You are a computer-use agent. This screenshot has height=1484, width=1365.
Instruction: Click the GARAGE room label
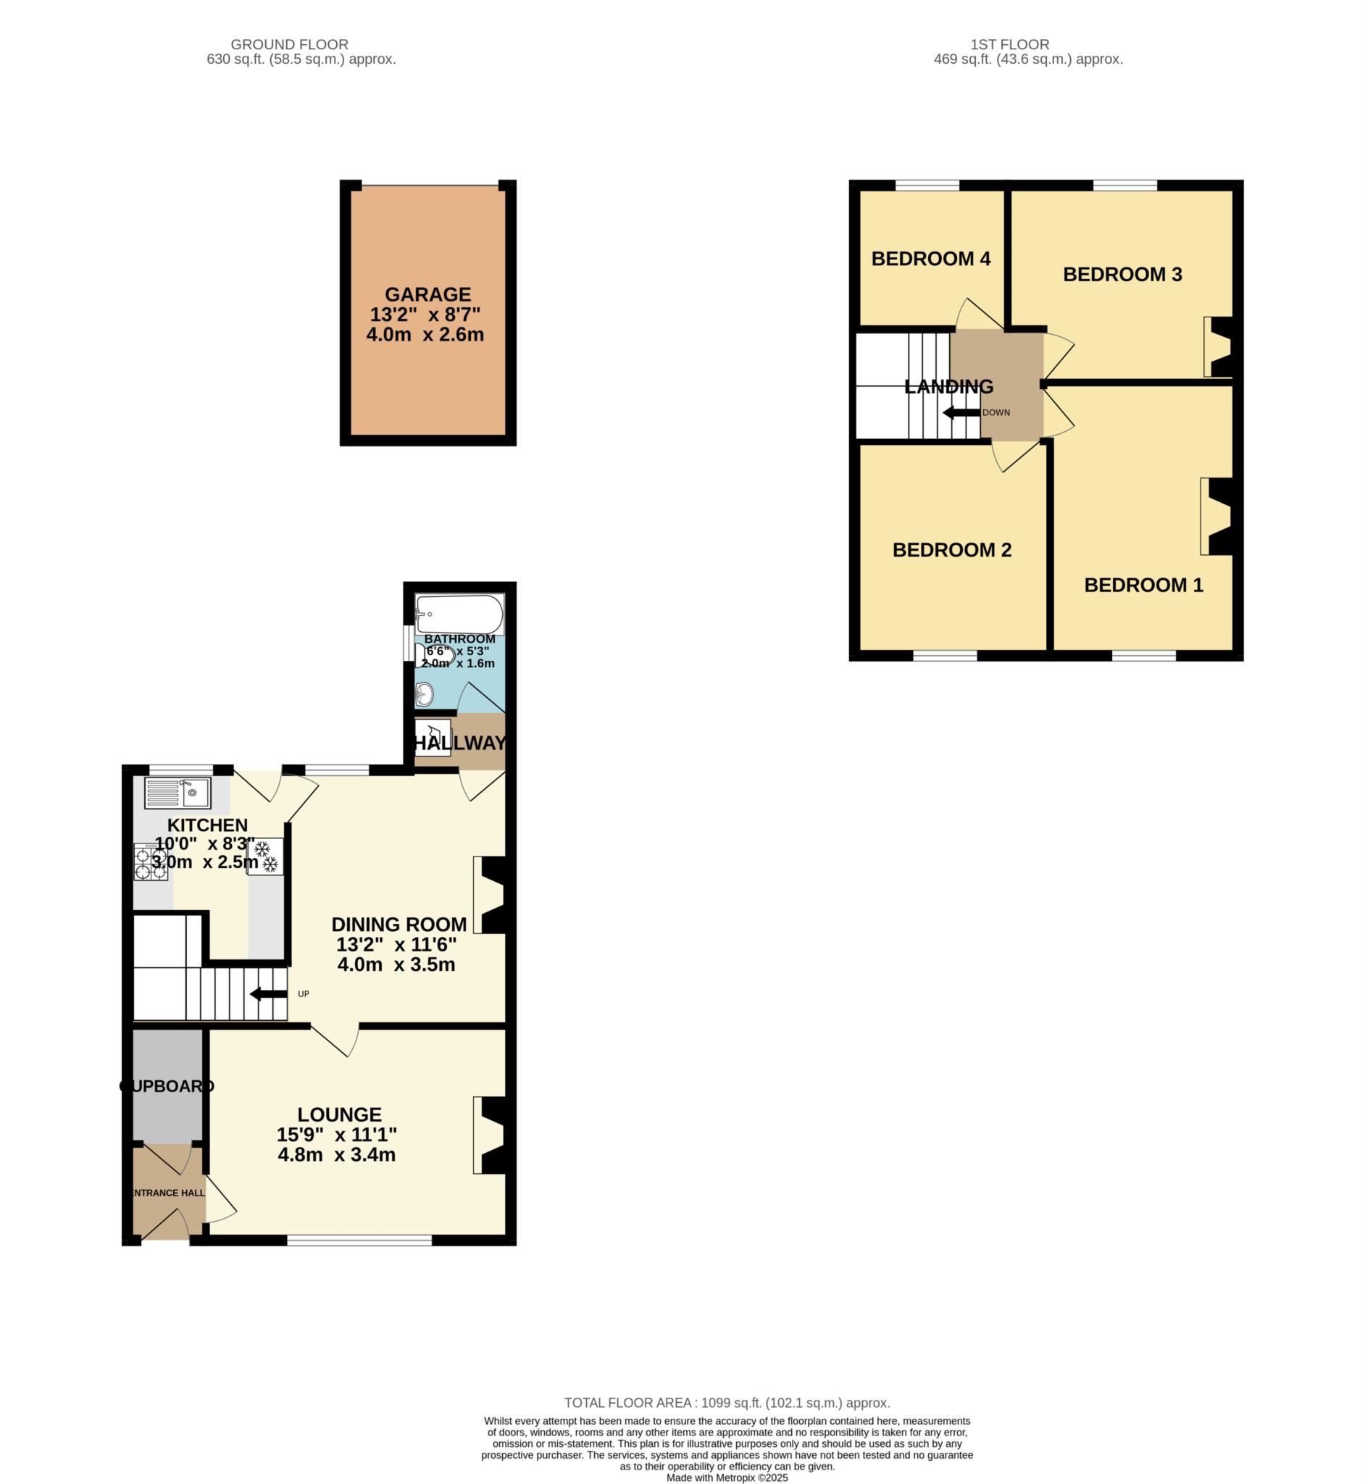427,295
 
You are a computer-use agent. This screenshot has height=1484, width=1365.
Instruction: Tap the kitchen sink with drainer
178,793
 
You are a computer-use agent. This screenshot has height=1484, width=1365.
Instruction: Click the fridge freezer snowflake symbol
265,856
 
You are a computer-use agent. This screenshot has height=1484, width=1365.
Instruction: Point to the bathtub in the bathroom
459,614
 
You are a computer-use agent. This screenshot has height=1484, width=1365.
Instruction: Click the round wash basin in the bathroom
424,693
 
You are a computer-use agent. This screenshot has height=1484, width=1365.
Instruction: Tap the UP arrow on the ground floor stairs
269,994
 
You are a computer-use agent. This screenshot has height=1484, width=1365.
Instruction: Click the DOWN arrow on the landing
961,413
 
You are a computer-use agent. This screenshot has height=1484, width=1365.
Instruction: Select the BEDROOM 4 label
931,259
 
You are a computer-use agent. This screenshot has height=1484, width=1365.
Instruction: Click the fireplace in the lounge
490,1135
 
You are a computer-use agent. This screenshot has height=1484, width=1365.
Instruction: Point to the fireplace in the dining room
490,895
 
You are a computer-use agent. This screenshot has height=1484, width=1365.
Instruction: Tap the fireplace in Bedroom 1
1217,517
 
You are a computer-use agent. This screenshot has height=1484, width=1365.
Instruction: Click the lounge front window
359,1241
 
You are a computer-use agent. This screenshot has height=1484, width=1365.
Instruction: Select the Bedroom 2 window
945,655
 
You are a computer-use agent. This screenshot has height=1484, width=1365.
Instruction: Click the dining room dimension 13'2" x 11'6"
396,944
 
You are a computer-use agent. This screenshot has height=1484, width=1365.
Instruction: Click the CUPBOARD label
167,1086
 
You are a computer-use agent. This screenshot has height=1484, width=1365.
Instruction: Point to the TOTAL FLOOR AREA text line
727,1403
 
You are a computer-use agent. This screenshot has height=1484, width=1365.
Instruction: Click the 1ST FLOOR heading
1009,44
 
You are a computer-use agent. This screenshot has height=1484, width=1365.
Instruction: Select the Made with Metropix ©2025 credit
727,1478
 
